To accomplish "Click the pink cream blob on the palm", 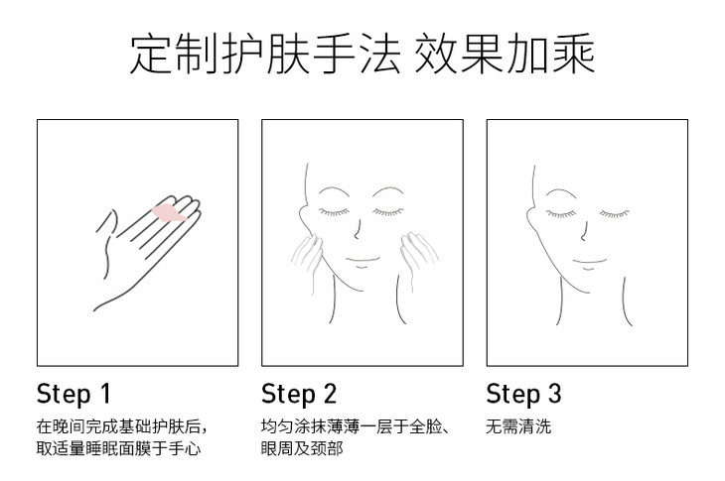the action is [169, 214].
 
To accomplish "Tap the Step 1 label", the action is [73, 394].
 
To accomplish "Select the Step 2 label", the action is [299, 394].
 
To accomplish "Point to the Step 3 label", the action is [523, 394].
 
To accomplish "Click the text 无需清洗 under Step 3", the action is [518, 426].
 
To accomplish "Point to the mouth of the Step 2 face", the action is [362, 262].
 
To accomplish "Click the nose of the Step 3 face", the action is [584, 231].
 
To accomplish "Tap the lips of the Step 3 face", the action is [589, 264].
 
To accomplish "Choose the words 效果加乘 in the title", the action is [505, 54].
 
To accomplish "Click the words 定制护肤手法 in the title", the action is [265, 54].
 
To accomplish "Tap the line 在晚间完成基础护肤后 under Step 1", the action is [121, 426].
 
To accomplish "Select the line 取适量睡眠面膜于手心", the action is [118, 448].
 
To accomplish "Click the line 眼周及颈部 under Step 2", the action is [302, 448].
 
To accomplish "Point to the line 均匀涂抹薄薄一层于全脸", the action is [355, 426].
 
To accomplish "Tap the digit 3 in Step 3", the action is [554, 394].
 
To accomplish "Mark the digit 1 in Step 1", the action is [106, 394].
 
